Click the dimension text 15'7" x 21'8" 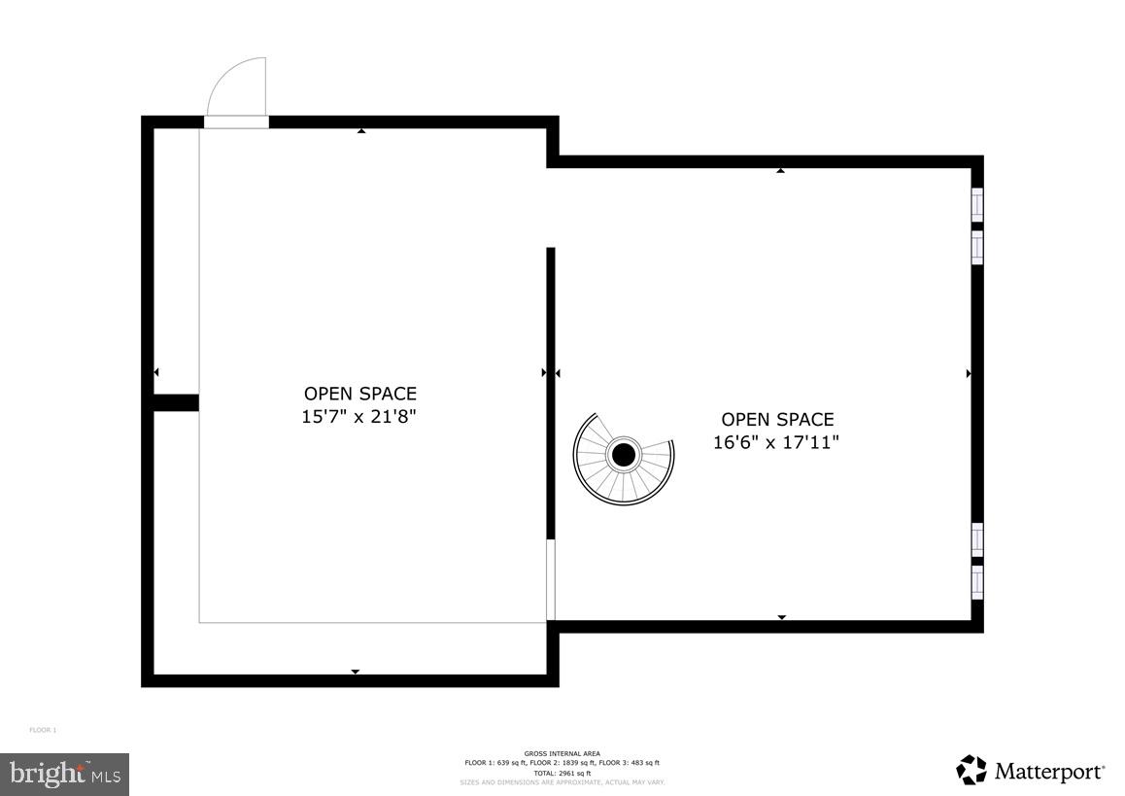pos(359,416)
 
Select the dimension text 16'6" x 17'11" pos(776,442)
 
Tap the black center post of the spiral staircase pos(623,455)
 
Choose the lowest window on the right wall pos(977,581)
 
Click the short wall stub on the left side pos(176,402)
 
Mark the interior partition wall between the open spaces pos(551,389)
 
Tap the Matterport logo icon pos(972,771)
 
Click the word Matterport pos(1049,773)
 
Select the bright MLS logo pos(64,774)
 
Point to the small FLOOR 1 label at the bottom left pos(43,730)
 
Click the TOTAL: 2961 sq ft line pos(562,773)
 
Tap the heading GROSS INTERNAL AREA pos(562,753)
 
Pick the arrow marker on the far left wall pos(155,372)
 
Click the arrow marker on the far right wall pos(969,373)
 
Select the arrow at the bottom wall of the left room pos(355,672)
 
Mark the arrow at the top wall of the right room pos(780,171)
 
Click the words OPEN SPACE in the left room pos(359,394)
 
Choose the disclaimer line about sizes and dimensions pos(562,781)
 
